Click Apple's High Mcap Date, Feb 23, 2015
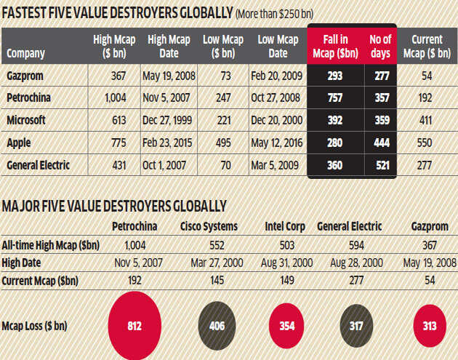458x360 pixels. point(169,143)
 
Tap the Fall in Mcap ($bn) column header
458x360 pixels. point(335,47)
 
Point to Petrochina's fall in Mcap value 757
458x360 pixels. point(335,99)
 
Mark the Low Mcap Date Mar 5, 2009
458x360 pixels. point(277,165)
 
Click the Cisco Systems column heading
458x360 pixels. point(214,225)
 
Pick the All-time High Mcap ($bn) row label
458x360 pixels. point(52,244)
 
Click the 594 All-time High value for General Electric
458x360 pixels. point(353,244)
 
